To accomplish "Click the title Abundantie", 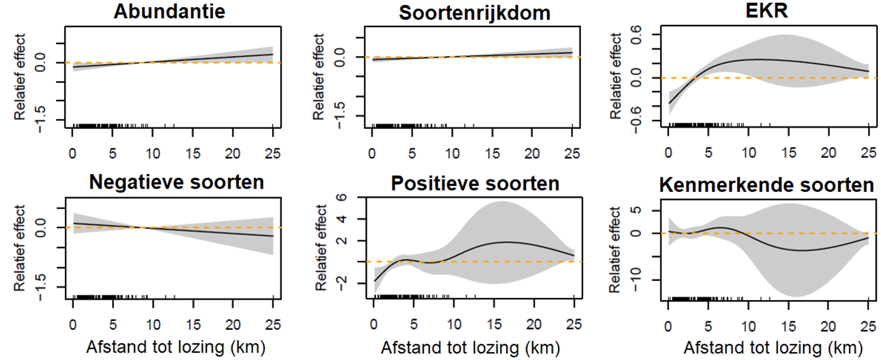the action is click(x=169, y=11).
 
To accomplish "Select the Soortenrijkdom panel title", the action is click(x=474, y=13).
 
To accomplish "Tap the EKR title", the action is click(x=766, y=10).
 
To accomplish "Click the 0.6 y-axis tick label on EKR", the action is click(x=636, y=35).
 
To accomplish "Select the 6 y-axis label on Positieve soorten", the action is click(x=341, y=198).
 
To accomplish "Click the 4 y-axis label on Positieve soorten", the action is click(x=341, y=219).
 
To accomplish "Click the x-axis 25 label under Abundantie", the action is click(x=272, y=154).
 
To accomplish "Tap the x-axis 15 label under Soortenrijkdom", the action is click(x=492, y=154).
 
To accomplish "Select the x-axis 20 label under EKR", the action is click(x=828, y=153).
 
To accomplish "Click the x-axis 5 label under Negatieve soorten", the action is click(x=113, y=325).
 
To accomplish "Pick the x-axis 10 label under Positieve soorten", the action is click(x=454, y=324).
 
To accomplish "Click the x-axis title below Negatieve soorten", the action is click(x=176, y=347).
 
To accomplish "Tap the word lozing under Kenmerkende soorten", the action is click(x=795, y=348).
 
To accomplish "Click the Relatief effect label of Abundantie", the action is click(x=20, y=77).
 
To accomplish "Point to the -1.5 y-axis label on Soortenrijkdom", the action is click(x=339, y=116).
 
